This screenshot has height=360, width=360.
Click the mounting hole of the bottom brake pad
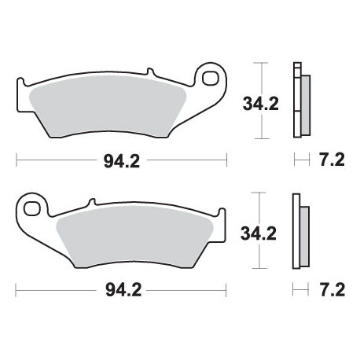(x=33, y=209)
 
